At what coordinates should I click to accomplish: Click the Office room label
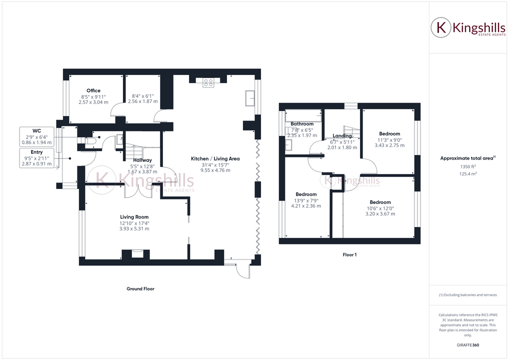[x=93, y=90]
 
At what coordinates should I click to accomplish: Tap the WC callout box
[x=36, y=136]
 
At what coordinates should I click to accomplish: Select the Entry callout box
[x=36, y=157]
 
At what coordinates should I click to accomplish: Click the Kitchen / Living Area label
[x=215, y=158]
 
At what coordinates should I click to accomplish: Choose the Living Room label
[x=134, y=217]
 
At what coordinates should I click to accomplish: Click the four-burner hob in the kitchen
[x=208, y=83]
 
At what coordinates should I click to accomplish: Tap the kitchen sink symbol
[x=249, y=98]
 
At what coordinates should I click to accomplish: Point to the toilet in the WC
[x=90, y=141]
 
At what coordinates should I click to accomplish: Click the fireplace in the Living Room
[x=136, y=253]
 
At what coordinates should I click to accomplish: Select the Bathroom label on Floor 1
[x=302, y=124]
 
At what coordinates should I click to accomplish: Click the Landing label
[x=342, y=136]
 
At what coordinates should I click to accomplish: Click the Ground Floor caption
[x=140, y=288]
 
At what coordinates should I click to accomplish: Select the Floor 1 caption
[x=349, y=254]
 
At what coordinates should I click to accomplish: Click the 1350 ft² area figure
[x=467, y=166]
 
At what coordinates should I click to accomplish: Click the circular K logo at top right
[x=441, y=27]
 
